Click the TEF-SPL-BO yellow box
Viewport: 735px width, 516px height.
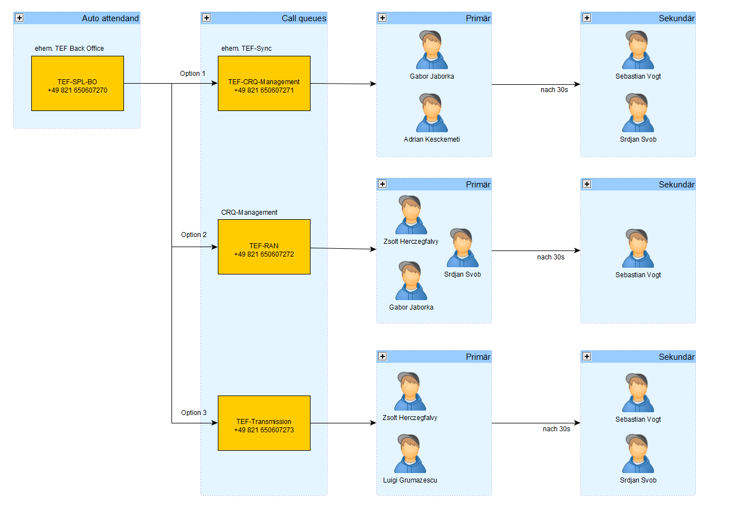coord(78,83)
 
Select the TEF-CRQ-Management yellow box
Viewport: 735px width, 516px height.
coord(264,83)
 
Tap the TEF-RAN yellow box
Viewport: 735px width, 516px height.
coord(264,247)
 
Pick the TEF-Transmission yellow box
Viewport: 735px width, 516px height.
coord(264,423)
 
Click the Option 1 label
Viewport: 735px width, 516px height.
coord(193,74)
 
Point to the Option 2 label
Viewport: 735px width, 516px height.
coord(194,235)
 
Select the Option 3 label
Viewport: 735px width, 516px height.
coord(194,413)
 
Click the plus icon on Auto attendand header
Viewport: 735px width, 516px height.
coord(20,18)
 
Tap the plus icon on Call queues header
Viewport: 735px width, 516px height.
coord(207,18)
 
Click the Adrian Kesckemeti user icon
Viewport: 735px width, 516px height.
coord(432,113)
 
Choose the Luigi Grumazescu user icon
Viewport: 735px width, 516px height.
coord(410,454)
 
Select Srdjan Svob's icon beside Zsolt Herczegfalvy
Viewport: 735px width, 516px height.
coord(462,248)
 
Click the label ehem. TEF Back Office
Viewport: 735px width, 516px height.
coord(69,49)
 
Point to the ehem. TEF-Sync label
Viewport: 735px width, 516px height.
coord(246,49)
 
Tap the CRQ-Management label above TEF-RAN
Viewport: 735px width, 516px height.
coord(249,213)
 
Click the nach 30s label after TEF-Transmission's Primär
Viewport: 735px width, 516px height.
coord(556,429)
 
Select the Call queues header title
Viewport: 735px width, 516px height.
coord(304,18)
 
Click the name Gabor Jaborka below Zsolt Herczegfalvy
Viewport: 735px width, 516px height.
coord(411,307)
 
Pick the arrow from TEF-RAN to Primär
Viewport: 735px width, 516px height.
coord(343,248)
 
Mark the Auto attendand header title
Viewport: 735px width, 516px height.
coord(110,18)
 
